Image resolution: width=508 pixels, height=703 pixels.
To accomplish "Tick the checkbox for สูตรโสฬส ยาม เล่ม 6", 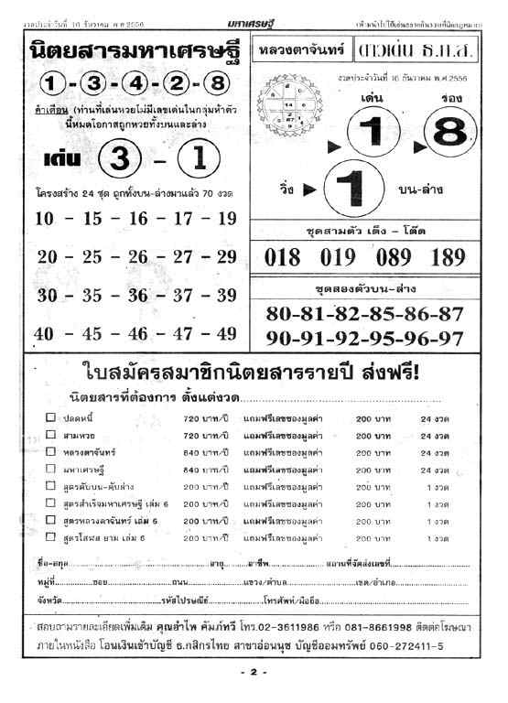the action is tap(51, 536).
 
